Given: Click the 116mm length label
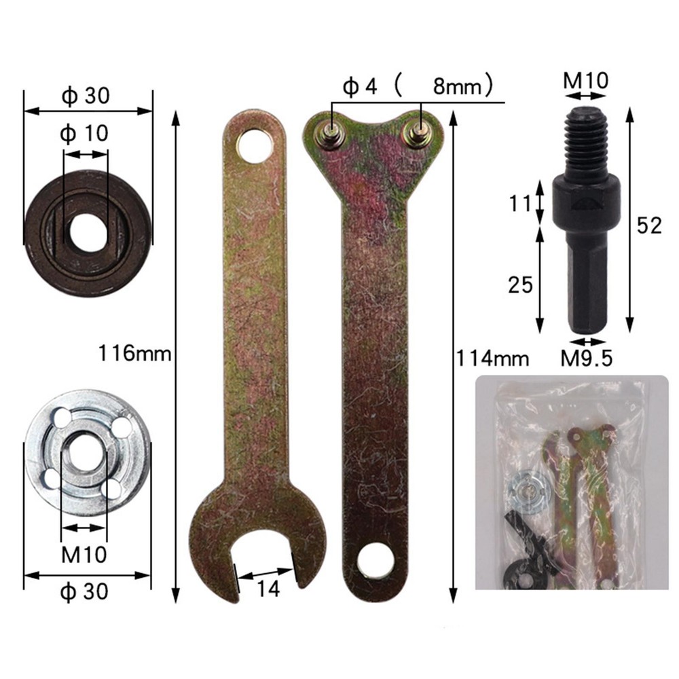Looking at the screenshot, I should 134,354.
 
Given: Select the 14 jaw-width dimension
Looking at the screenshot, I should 269,589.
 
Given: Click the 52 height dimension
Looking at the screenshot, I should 648,225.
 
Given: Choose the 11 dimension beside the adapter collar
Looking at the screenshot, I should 521,203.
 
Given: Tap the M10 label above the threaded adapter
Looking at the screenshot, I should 585,81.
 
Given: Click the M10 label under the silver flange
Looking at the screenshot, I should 84,555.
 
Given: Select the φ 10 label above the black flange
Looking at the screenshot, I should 84,132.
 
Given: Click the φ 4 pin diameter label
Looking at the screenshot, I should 359,88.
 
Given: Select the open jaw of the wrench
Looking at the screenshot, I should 266,557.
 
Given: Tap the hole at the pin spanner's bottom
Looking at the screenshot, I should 376,562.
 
